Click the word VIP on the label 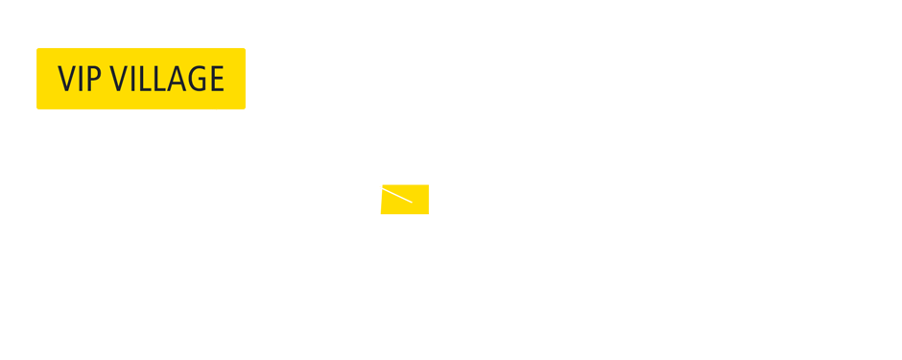[79, 79]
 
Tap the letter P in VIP [93, 79]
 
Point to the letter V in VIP [66, 79]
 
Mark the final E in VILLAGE [215, 79]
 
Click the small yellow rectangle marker [405, 199]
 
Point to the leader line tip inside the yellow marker [412, 202]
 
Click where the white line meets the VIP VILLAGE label [215, 109]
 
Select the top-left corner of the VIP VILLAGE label [37, 49]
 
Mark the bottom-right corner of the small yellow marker [428, 213]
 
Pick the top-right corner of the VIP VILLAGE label [245, 49]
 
